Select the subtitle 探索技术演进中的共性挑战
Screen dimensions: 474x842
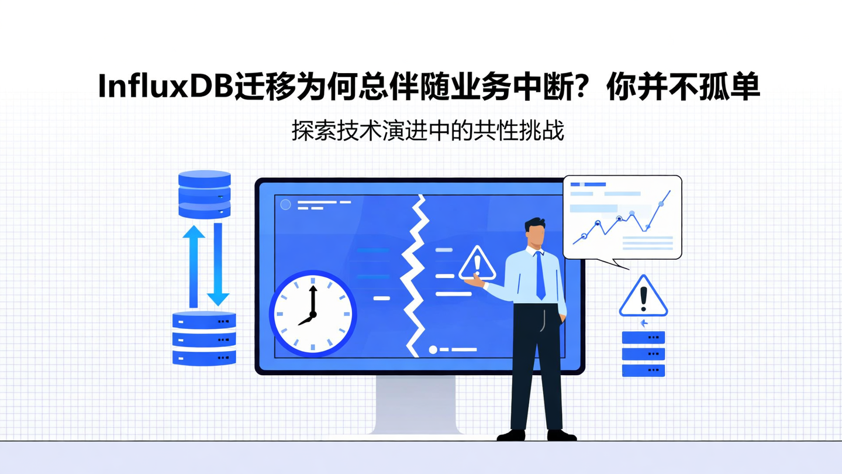(x=427, y=131)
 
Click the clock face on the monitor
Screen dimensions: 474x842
(x=313, y=314)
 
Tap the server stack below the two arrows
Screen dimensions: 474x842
(x=204, y=338)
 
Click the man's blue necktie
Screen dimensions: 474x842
(x=540, y=275)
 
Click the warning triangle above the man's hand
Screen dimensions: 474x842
(x=477, y=264)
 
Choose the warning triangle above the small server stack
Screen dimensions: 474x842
(x=643, y=297)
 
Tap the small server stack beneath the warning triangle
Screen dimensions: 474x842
(x=643, y=354)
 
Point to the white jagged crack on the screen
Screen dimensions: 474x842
(x=416, y=275)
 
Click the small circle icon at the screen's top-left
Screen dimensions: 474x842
(x=285, y=204)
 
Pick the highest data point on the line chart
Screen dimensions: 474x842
(x=661, y=203)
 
